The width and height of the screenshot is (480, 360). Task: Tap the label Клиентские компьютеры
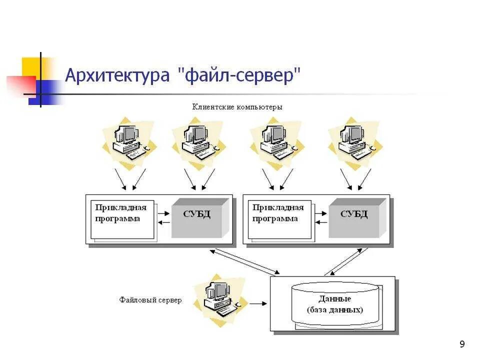pos(237,107)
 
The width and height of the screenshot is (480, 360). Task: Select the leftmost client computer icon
pos(128,140)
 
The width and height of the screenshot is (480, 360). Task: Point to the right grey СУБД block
pos(354,218)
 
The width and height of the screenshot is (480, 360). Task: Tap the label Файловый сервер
pos(150,300)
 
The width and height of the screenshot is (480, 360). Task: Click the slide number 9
pos(461,344)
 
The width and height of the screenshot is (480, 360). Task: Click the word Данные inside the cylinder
pos(334,299)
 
